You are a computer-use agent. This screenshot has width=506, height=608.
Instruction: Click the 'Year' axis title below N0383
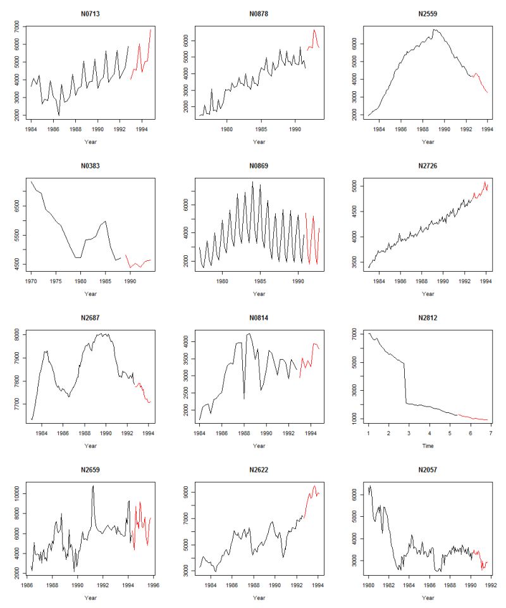click(x=90, y=294)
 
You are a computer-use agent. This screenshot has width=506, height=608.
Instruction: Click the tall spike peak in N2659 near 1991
click(x=93, y=486)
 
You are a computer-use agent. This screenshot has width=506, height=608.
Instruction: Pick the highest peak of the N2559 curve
click(x=435, y=29)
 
